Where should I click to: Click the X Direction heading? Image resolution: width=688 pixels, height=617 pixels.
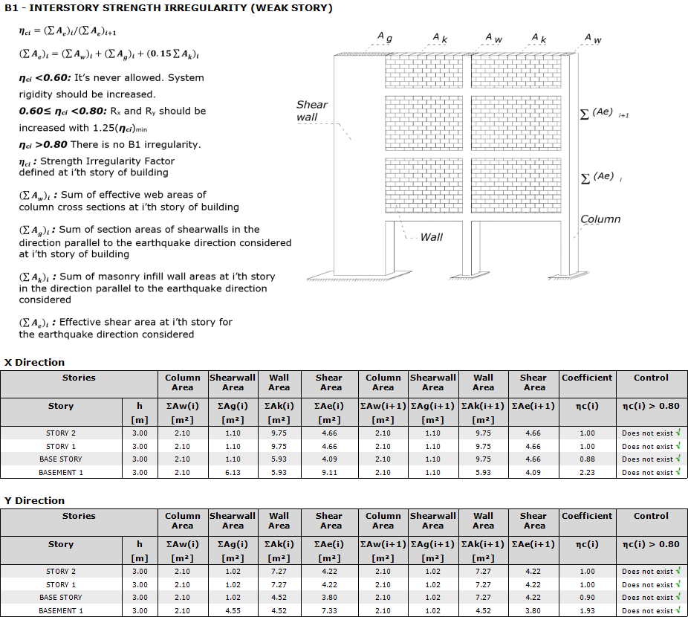tap(35, 363)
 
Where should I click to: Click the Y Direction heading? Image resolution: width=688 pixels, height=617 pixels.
tap(35, 501)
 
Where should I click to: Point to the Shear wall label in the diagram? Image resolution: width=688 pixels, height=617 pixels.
tap(311, 111)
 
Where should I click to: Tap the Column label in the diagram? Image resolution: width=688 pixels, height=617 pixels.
tap(600, 219)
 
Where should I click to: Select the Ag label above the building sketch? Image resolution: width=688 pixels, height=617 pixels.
tap(384, 36)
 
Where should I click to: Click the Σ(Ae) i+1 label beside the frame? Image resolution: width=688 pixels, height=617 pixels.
tap(603, 113)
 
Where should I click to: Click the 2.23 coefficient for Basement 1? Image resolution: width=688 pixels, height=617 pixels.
tap(587, 473)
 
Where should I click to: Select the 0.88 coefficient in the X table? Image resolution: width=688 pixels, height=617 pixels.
tap(587, 459)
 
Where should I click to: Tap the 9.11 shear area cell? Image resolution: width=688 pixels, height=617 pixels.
tap(329, 473)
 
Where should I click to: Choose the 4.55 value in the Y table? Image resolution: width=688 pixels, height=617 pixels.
tap(233, 611)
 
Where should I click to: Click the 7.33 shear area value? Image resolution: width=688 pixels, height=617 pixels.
tap(329, 611)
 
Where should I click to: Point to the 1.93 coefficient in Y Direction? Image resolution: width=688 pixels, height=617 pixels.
tap(587, 611)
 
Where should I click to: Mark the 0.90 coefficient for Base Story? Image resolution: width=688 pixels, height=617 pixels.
tap(587, 598)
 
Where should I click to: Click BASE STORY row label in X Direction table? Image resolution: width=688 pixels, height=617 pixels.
tap(61, 459)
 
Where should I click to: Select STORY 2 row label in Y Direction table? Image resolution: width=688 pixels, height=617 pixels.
tap(61, 572)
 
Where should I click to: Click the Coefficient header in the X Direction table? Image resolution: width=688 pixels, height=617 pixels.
tap(587, 378)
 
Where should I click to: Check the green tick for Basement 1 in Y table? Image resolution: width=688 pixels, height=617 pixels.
tap(678, 610)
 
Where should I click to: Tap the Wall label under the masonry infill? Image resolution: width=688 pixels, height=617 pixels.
tap(431, 237)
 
